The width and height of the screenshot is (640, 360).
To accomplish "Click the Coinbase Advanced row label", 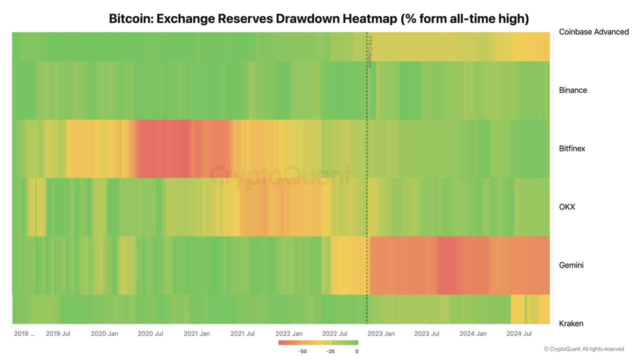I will point(593,32).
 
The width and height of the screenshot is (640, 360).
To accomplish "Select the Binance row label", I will point(573,90).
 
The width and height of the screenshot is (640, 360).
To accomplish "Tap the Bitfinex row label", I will point(572,148).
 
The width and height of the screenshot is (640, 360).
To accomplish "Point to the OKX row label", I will point(567,207).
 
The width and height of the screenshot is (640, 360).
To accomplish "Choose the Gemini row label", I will point(571,265).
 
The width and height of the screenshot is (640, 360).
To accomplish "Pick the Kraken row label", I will point(571,323).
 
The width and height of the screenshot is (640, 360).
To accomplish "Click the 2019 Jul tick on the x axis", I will point(58,333).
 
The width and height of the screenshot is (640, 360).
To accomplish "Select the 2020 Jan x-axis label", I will point(104,333).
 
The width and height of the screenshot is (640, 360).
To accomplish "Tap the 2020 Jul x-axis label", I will point(150,333).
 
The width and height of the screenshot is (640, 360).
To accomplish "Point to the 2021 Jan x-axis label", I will point(197,333).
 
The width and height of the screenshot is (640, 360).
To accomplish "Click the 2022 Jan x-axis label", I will point(289,333).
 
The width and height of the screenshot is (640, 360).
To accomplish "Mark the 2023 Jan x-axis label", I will point(381,333).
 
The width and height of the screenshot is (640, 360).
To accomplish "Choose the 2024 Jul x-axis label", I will point(519,333).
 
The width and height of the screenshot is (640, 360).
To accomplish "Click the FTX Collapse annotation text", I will point(370,51).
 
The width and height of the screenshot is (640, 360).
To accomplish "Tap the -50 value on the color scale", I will point(302,351).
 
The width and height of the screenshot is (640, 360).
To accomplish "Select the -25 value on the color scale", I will point(330,351).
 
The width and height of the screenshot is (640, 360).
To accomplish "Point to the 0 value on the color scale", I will point(356,351).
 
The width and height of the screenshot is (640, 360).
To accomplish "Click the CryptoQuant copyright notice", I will point(583,349).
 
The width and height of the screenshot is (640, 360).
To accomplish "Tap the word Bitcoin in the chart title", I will point(130,19).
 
